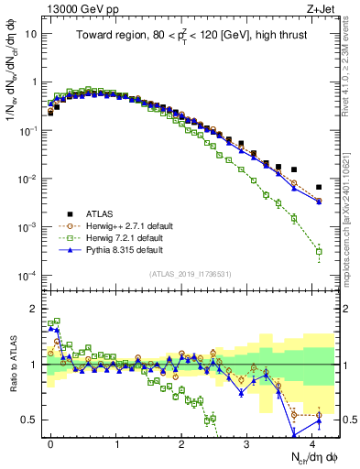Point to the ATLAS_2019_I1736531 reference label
[x=190, y=274]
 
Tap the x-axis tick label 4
[x=312, y=442]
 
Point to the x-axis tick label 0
[x=50, y=442]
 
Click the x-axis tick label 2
[x=181, y=442]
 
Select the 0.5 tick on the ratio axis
[x=31, y=420]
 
